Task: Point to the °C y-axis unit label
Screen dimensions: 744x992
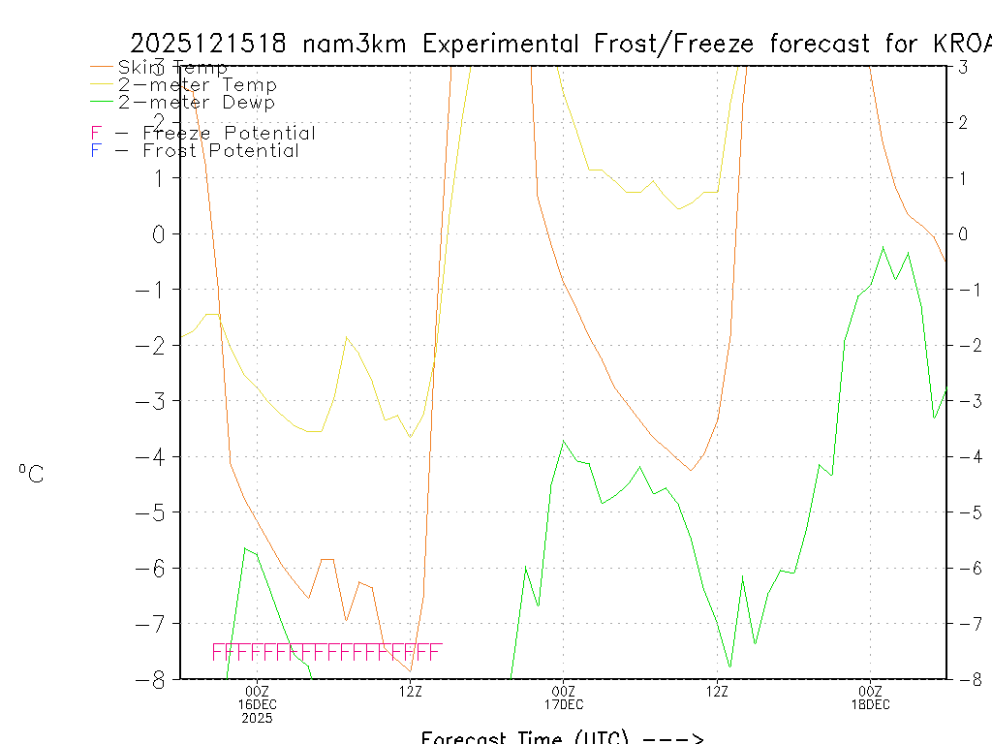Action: click(31, 474)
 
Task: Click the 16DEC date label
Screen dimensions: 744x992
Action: click(257, 704)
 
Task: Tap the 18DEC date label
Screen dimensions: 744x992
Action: click(870, 704)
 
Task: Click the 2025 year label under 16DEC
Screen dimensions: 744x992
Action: click(257, 718)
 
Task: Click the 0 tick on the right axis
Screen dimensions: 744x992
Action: click(963, 233)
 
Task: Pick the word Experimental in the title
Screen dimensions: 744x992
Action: click(517, 45)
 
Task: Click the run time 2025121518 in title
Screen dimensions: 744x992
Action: click(208, 45)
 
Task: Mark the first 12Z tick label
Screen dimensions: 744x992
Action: click(411, 691)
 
